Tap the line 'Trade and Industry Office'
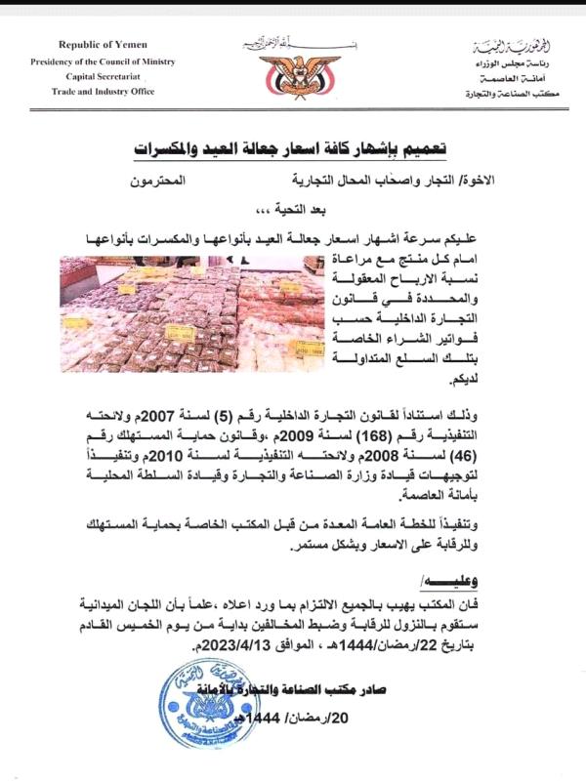[99, 90]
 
